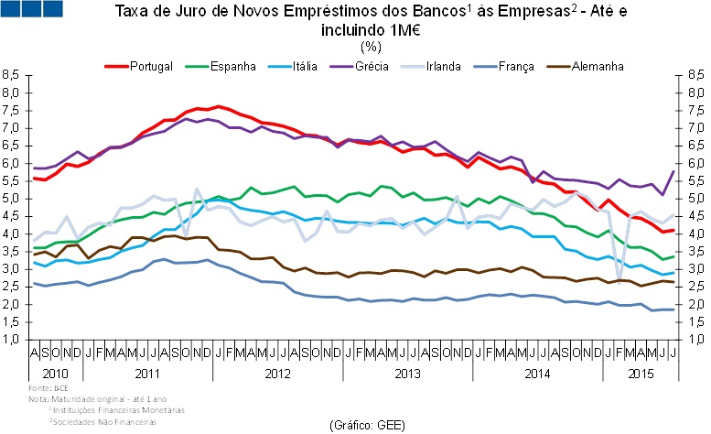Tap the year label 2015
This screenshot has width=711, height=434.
pyautogui.click(x=643, y=374)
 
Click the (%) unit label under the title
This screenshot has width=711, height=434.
pyautogui.click(x=371, y=46)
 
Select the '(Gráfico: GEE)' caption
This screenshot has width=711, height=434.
pyautogui.click(x=366, y=425)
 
